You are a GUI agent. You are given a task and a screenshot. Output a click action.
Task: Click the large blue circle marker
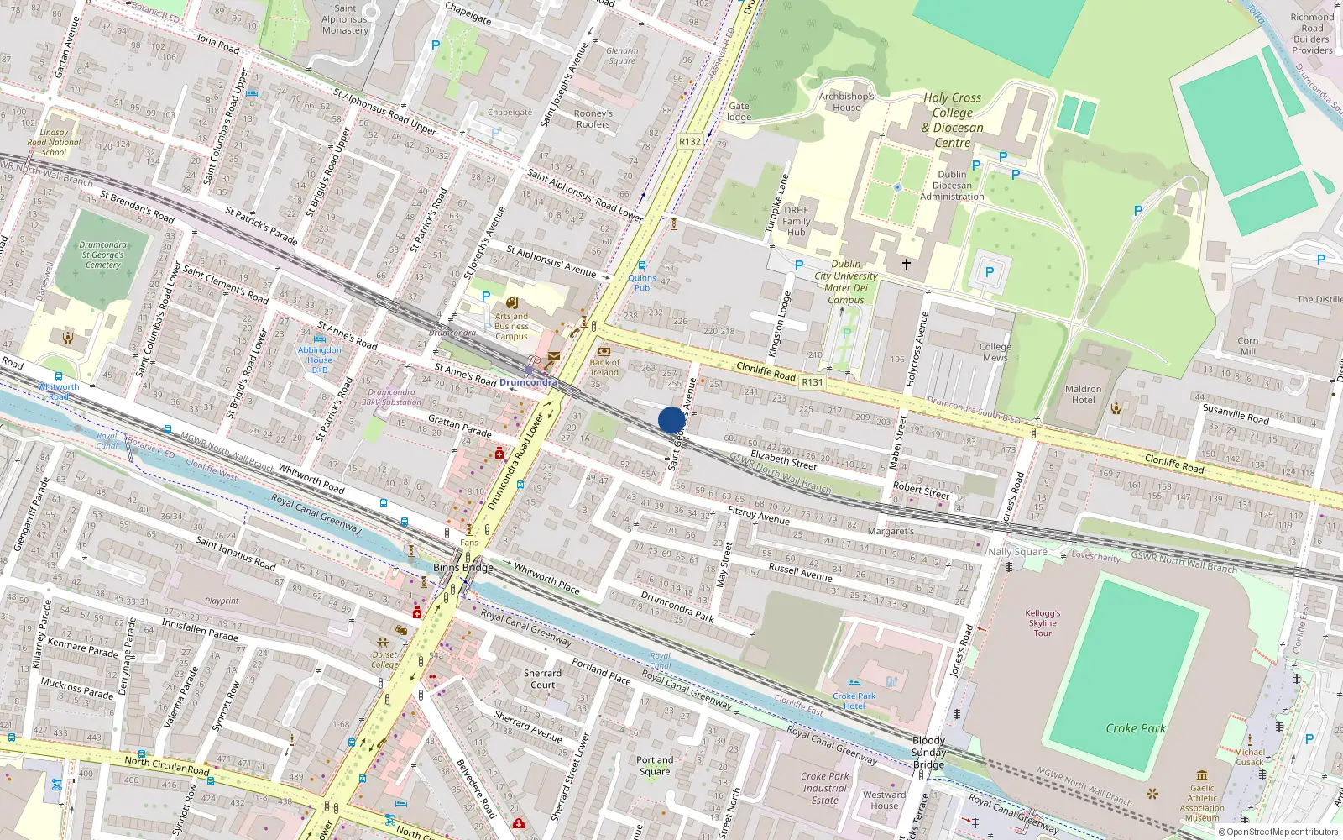coord(671,420)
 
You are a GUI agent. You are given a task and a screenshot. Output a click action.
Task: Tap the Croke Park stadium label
coord(1136,728)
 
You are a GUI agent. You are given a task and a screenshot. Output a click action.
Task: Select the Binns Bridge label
coord(462,567)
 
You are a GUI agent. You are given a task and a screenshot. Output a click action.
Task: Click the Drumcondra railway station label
coord(528,382)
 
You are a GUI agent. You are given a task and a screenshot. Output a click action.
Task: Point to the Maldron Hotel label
coord(1083,394)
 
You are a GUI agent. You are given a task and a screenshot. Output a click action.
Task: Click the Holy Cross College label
coord(953,120)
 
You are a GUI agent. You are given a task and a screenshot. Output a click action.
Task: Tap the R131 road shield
coord(812,382)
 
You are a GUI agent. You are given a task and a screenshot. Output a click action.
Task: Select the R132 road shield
coord(689,141)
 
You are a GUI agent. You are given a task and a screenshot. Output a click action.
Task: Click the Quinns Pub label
coord(642,282)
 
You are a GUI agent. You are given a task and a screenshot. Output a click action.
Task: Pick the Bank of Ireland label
coord(604,367)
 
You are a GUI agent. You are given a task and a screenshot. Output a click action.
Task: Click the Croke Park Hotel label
coord(854,701)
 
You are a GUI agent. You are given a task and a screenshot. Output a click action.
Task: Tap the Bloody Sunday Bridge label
coord(928,753)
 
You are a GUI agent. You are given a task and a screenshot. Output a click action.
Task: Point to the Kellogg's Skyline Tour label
coord(1043,623)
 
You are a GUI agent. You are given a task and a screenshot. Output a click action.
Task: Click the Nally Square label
coord(1017,552)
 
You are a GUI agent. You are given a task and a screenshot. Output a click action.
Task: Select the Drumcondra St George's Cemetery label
coord(103,255)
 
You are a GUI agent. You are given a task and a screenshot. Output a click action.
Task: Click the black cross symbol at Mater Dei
coord(907,265)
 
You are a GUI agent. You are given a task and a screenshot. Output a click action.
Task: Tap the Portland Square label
coord(655,765)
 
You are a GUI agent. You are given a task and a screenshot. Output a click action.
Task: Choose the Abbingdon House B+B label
coord(320,360)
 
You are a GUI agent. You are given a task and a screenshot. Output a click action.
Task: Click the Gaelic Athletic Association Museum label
coord(1202,803)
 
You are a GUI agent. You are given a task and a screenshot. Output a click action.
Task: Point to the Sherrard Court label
coord(542,679)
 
